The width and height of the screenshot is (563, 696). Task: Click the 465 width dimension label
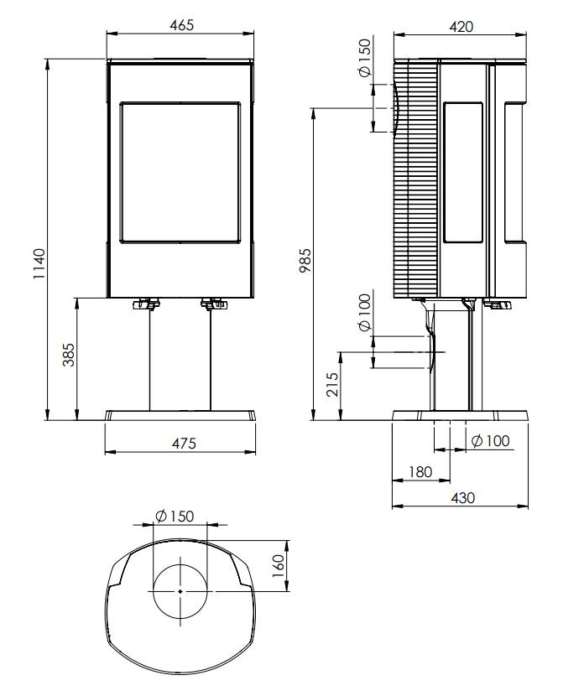point(181,25)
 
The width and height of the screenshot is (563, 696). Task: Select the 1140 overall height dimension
point(39,263)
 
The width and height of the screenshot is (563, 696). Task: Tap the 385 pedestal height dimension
point(68,355)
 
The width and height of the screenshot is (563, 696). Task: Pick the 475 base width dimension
point(184,443)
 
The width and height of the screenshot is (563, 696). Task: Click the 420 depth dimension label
point(461,27)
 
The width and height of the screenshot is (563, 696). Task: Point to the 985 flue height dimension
point(305,261)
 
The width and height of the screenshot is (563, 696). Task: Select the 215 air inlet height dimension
point(332,384)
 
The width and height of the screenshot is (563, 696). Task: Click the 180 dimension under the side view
point(420,471)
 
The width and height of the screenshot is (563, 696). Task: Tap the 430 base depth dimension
point(462,497)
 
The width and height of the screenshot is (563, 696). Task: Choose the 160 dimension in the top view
point(279,565)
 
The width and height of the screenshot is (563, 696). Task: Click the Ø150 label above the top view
point(175,516)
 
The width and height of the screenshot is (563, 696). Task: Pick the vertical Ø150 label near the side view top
point(365,58)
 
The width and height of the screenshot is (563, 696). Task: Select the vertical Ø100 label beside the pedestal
point(364,313)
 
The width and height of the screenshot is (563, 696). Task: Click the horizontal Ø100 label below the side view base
point(491,441)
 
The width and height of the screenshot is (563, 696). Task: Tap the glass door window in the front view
point(180,172)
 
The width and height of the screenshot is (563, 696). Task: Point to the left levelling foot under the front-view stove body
point(146,304)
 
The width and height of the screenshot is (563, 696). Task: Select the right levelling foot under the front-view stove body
point(214,304)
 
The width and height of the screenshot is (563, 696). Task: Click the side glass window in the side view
point(463,172)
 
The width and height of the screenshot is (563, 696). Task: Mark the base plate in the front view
point(180,415)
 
